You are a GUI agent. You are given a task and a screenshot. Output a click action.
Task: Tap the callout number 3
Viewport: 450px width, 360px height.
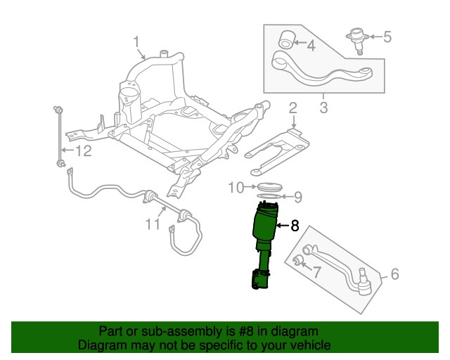(323, 108)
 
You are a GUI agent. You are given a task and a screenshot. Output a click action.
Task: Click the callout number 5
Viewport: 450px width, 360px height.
(387, 36)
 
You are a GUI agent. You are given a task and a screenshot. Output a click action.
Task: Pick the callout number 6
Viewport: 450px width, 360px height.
(394, 274)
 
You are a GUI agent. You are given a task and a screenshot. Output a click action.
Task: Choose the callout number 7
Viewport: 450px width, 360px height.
(316, 271)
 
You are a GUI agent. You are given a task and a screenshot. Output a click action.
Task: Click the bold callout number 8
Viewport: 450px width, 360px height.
(295, 226)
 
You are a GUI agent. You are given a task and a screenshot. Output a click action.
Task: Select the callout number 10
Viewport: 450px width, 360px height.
(236, 187)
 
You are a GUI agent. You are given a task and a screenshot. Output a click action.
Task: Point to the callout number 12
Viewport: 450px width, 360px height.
(83, 151)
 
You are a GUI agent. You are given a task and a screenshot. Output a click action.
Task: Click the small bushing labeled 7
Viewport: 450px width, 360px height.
(297, 262)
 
